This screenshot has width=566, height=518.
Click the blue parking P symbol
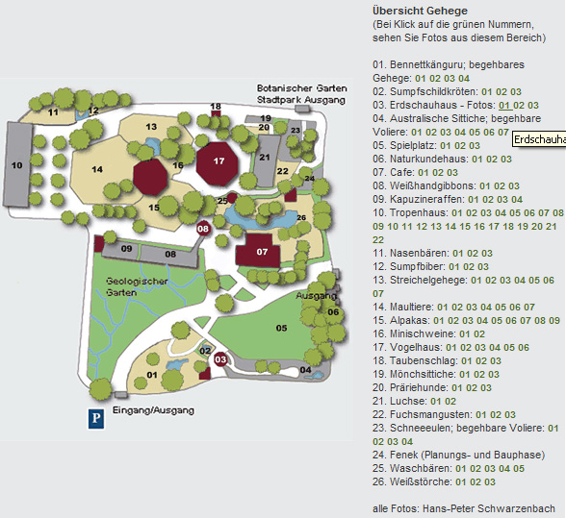tap(96, 418)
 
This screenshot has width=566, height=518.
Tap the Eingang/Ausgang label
tap(153, 410)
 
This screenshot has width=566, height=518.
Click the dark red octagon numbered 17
tap(218, 163)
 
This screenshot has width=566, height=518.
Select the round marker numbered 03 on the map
tap(220, 359)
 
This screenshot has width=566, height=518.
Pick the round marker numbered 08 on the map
tap(203, 229)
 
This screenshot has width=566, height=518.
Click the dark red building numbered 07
tap(258, 251)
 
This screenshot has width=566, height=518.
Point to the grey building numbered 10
tap(17, 164)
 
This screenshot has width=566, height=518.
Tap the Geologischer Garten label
tap(137, 287)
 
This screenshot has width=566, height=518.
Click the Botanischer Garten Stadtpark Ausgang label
tap(302, 94)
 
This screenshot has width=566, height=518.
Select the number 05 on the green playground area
tap(281, 328)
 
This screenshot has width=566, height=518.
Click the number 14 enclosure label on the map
tap(97, 169)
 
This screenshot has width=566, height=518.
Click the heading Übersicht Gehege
tap(420, 11)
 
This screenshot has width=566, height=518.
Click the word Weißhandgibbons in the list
tap(432, 186)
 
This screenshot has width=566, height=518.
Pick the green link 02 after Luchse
tap(450, 401)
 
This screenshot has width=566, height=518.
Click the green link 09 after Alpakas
tap(554, 320)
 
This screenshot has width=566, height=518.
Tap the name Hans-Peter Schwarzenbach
tap(489, 508)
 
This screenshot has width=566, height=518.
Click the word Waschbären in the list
tap(420, 468)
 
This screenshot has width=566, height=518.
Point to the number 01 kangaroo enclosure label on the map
tap(152, 375)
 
